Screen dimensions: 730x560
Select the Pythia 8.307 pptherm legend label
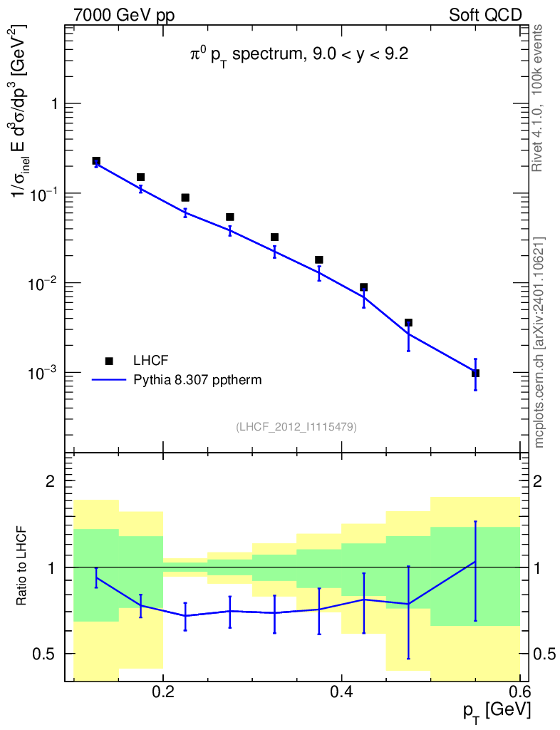(197, 380)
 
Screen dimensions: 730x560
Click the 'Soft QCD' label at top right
(485, 15)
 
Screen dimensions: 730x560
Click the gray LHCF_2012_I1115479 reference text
(296, 427)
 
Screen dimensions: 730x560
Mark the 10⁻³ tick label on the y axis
(43, 372)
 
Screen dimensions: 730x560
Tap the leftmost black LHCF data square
(96, 161)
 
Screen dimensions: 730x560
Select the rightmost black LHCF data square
(475, 373)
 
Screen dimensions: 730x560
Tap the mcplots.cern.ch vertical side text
(538, 342)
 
